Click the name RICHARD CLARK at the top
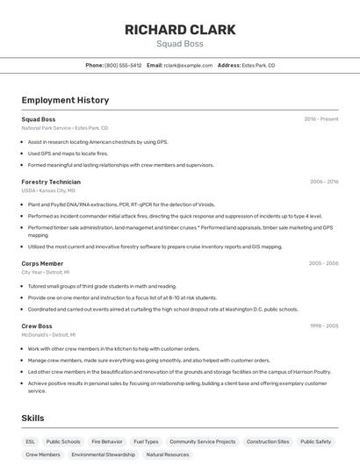[x=180, y=30]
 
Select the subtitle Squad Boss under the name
[x=180, y=44]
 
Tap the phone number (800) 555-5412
[x=123, y=65]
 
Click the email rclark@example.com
[x=188, y=65]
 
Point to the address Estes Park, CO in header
[x=259, y=65]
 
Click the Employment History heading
[x=65, y=100]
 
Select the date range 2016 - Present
[x=321, y=118]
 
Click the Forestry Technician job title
[x=51, y=182]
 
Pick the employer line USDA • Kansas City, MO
[x=48, y=190]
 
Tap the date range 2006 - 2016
[x=324, y=182]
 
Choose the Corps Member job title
[x=42, y=263]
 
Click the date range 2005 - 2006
[x=324, y=263]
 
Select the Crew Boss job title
[x=37, y=325]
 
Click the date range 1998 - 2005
[x=324, y=325]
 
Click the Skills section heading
[x=32, y=418]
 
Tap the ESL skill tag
[x=31, y=441]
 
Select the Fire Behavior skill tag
[x=107, y=441]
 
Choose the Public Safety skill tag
[x=316, y=441]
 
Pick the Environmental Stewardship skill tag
[x=104, y=454]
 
